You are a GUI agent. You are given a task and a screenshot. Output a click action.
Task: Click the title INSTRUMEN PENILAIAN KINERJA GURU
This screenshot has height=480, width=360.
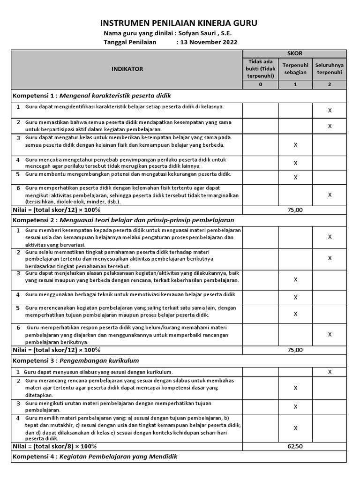pos(179,23)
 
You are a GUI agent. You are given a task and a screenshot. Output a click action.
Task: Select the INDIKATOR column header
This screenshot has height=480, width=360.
pos(127,69)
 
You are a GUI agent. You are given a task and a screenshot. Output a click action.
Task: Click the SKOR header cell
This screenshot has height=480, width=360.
pos(295,54)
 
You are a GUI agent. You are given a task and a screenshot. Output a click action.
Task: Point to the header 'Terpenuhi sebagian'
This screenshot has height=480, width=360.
pos(295,69)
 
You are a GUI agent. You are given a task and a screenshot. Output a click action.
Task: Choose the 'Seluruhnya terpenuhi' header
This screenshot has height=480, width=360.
pos(329,69)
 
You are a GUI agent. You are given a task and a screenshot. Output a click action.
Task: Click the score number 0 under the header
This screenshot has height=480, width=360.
pos(261,85)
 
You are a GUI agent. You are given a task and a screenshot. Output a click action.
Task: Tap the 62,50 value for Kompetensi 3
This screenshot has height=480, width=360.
pos(295,446)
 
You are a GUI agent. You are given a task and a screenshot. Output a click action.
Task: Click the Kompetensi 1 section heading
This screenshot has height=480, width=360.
pos(91,96)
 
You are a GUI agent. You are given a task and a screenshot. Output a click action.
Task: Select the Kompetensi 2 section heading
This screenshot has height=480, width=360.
pos(123,220)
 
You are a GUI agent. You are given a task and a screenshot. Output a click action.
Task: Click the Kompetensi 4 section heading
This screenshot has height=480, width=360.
pos(95,456)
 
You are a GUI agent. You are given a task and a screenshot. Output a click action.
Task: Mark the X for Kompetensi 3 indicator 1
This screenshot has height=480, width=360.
pos(330,372)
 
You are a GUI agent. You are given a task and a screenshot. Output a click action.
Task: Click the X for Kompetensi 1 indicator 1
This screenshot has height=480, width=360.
pos(330,111)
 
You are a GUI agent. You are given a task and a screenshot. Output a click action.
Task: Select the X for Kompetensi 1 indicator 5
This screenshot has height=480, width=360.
pos(295,177)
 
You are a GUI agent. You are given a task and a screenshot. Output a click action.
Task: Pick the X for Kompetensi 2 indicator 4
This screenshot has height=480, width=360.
pos(295,297)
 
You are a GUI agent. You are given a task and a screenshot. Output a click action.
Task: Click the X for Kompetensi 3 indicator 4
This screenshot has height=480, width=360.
pos(295,428)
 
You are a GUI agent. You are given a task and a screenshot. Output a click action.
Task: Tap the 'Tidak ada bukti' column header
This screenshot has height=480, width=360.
pos(261,69)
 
